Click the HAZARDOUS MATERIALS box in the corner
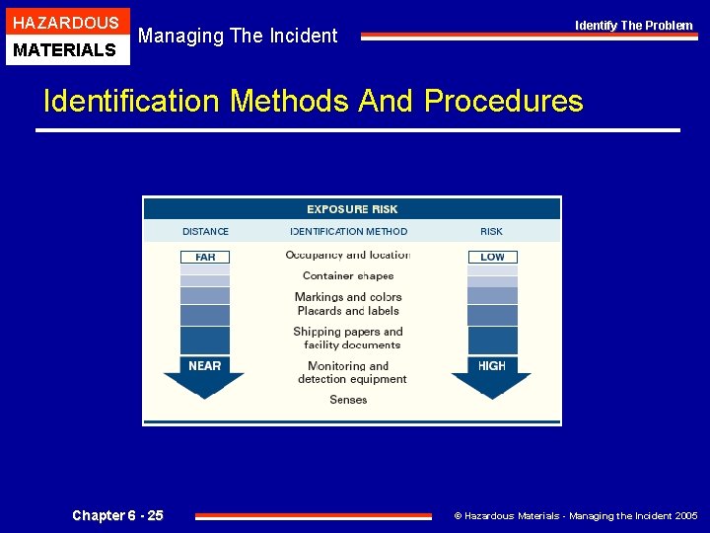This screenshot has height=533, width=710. click(66, 36)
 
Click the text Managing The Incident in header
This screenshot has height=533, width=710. click(238, 37)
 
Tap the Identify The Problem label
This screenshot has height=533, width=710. click(634, 25)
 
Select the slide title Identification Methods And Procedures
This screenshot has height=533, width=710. click(314, 101)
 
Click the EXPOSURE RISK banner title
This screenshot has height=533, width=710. click(352, 209)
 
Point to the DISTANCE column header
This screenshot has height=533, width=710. click(205, 232)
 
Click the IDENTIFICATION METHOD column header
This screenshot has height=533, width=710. click(349, 232)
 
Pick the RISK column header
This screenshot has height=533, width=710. click(491, 232)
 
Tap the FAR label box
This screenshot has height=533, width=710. click(205, 257)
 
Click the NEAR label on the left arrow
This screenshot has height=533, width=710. click(205, 365)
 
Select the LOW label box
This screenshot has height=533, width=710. click(492, 257)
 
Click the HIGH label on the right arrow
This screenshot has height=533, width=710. click(492, 365)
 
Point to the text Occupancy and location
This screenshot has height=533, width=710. click(348, 255)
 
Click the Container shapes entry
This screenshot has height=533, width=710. click(348, 276)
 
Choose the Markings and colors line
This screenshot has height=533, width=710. click(348, 297)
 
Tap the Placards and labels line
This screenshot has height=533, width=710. click(348, 311)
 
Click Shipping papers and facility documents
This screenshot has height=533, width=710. click(348, 339)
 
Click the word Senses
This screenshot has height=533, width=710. click(348, 400)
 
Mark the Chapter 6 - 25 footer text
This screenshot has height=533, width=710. click(118, 515)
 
